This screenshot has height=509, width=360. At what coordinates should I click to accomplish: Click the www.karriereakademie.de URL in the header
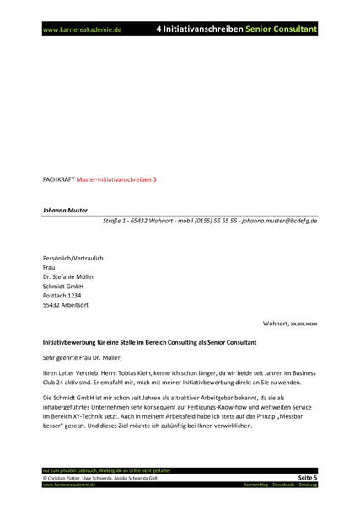pyautogui.click(x=83, y=29)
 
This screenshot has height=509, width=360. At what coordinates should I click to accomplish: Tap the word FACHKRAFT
pyautogui.click(x=58, y=179)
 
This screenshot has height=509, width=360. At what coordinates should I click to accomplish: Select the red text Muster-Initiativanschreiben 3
pyautogui.click(x=116, y=179)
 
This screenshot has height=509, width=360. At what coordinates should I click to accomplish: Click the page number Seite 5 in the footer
pyautogui.click(x=306, y=477)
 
